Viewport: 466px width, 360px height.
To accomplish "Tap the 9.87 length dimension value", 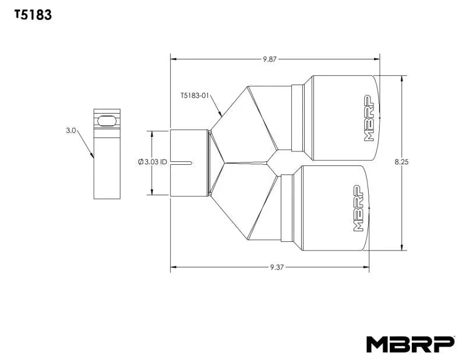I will click(270, 59).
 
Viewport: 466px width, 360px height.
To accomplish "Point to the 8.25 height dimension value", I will click(401, 163).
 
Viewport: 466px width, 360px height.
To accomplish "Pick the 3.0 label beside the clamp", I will click(71, 131).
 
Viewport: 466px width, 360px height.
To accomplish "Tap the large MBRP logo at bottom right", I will click(409, 344).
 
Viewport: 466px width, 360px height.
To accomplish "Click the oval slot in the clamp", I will click(107, 120).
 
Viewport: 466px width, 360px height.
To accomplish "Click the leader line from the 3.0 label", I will click(85, 144).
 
